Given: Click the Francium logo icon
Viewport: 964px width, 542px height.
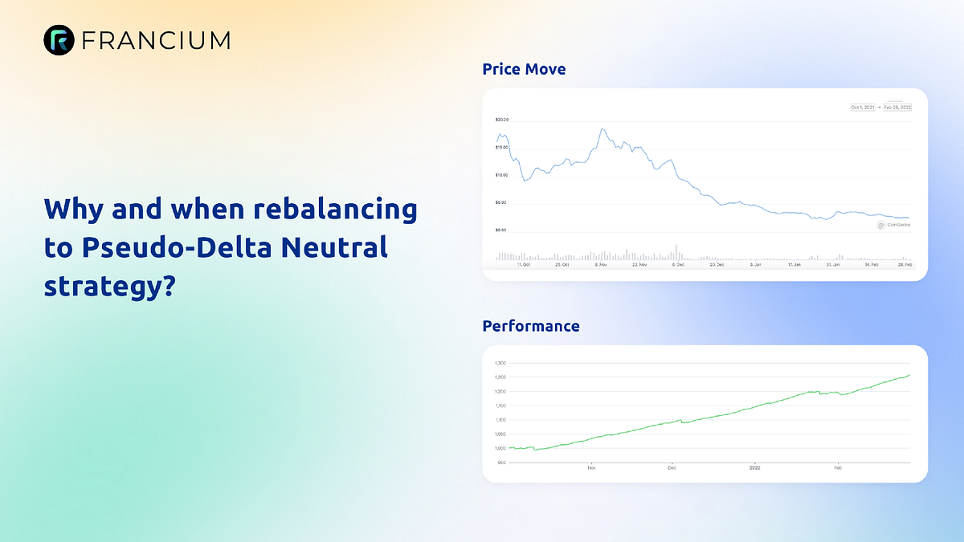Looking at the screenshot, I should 58,39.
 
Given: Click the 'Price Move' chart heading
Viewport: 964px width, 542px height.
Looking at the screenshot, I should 524,69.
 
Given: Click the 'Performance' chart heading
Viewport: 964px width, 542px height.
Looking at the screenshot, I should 531,326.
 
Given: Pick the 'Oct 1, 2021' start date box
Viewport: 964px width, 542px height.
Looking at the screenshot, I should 862,107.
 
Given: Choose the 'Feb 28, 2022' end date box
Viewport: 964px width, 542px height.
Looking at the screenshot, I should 897,107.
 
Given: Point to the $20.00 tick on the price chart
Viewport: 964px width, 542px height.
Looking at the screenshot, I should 501,120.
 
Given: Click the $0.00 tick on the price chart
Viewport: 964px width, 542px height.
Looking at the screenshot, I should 500,230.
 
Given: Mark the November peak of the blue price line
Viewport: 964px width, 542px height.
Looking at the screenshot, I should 602,128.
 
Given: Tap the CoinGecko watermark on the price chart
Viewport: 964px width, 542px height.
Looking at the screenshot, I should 893,226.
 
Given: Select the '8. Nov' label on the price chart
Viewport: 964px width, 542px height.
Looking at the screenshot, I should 600,263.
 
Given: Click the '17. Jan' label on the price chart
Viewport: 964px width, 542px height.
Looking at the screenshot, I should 794,263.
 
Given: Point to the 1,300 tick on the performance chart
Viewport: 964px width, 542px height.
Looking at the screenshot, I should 500,363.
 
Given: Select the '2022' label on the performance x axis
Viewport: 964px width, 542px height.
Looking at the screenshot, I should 754,467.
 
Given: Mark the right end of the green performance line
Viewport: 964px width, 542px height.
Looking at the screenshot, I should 909,375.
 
